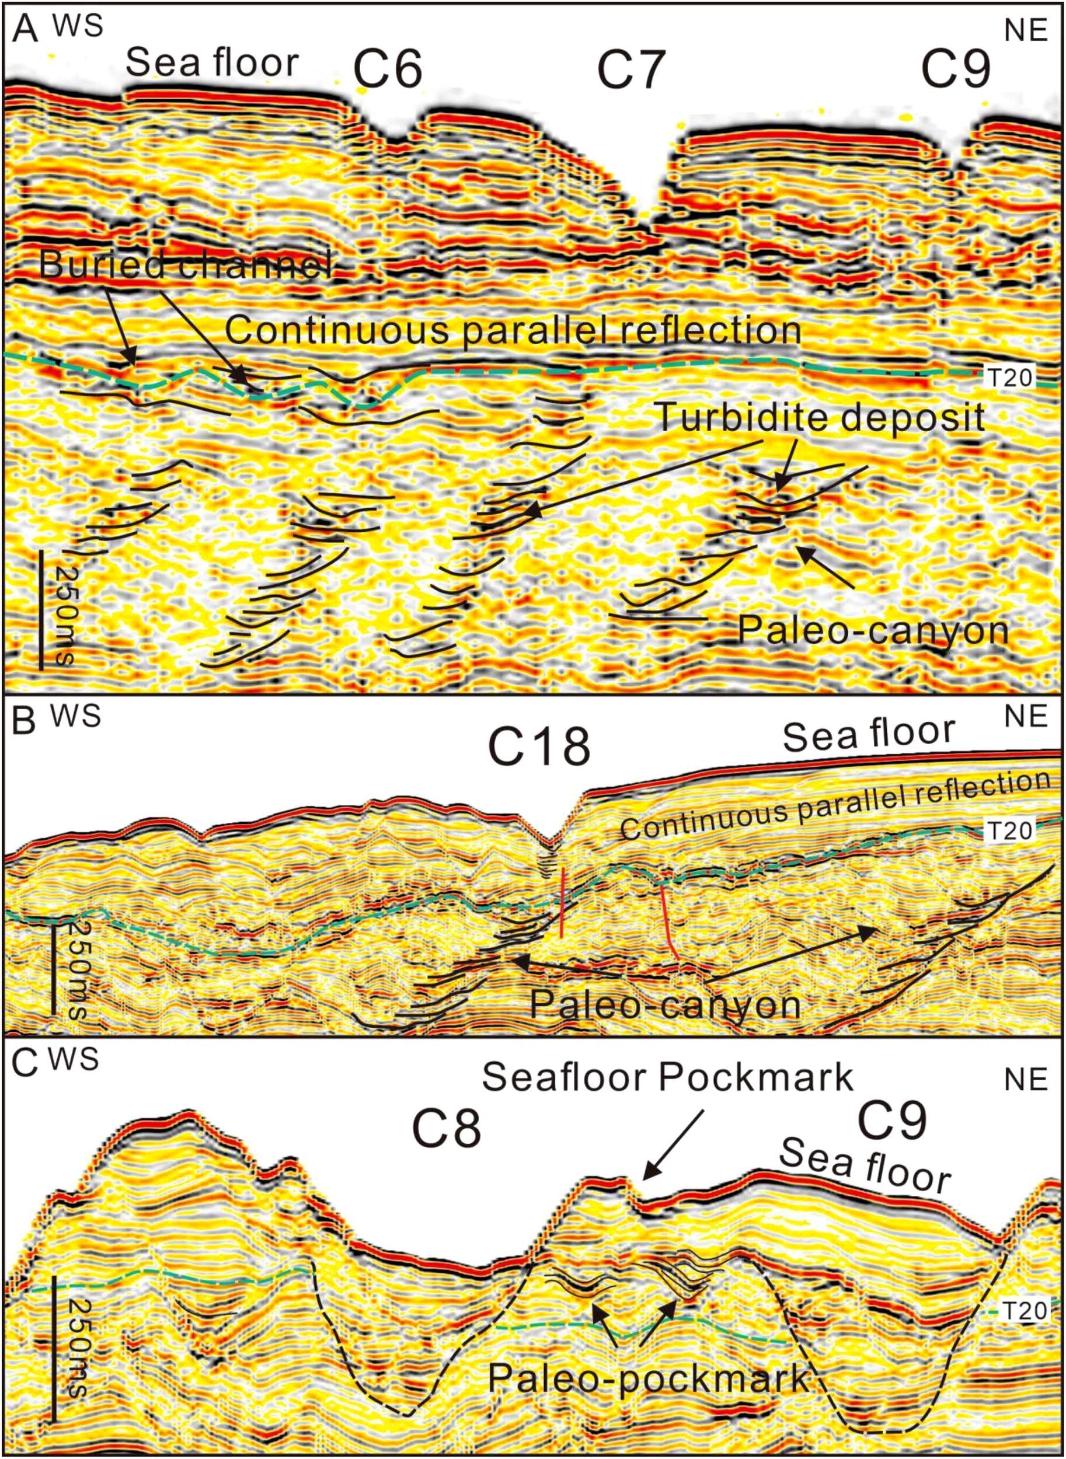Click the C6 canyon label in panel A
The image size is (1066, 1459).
point(388,69)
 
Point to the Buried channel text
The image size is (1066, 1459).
point(185,264)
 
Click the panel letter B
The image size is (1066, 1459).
point(25,722)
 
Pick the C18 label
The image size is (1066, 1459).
point(539,748)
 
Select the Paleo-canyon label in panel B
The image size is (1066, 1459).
point(664,1004)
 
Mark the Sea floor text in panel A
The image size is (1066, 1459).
point(212,63)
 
